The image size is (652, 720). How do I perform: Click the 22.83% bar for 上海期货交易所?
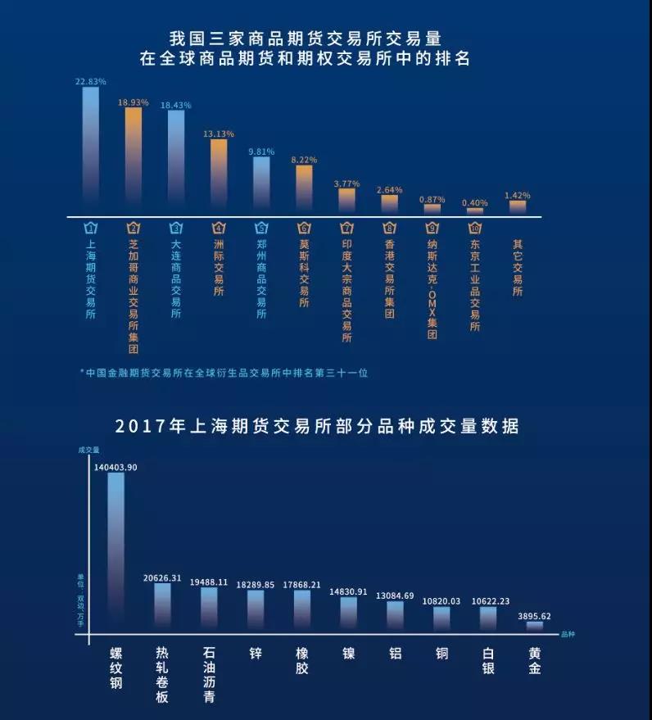coord(90,147)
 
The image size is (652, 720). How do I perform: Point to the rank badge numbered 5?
coord(260,229)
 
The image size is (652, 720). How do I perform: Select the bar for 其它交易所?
coord(518,207)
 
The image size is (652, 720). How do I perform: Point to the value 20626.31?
coord(162,577)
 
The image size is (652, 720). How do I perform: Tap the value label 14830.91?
coord(349,591)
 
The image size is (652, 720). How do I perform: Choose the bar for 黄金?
coord(535,627)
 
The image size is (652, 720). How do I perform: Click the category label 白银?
coord(488,662)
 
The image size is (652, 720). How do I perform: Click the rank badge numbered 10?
coord(475,229)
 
